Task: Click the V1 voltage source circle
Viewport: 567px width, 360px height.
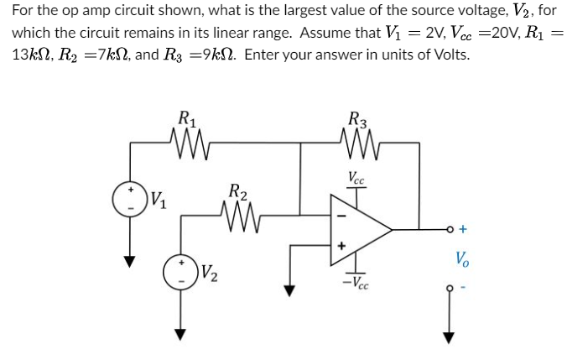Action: click(x=130, y=199)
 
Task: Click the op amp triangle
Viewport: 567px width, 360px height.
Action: click(x=357, y=227)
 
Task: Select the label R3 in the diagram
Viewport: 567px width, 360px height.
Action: click(x=357, y=117)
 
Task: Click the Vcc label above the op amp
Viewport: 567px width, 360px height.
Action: click(x=356, y=177)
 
